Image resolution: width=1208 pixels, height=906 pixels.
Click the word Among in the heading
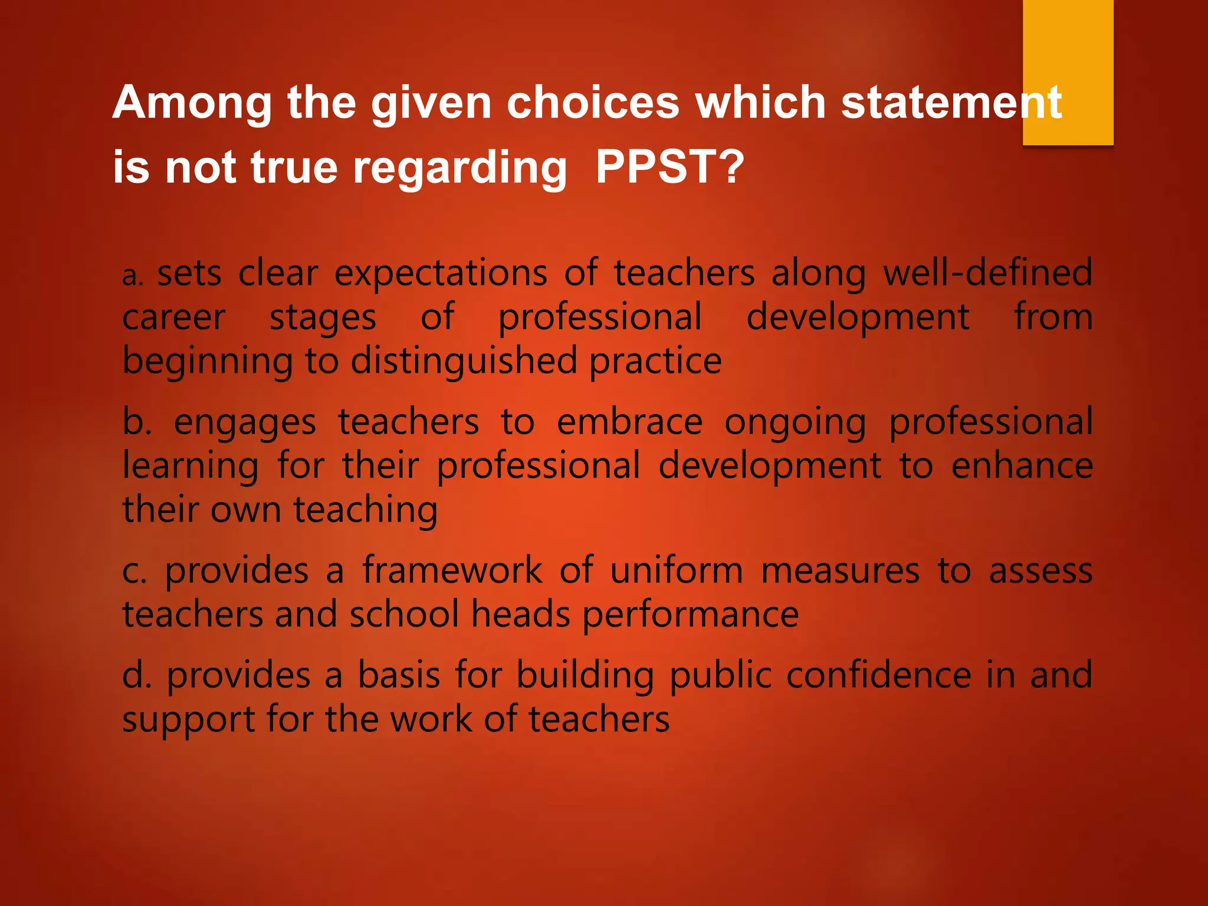tap(192, 103)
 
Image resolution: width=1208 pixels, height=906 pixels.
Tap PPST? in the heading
tap(670, 167)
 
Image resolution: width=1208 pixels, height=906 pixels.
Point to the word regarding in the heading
tap(460, 169)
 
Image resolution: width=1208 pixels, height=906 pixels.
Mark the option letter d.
tap(136, 675)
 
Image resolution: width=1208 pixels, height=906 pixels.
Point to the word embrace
tap(629, 422)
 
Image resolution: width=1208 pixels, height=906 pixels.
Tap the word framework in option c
tap(452, 570)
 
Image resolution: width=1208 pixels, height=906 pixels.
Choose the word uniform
tap(676, 570)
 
